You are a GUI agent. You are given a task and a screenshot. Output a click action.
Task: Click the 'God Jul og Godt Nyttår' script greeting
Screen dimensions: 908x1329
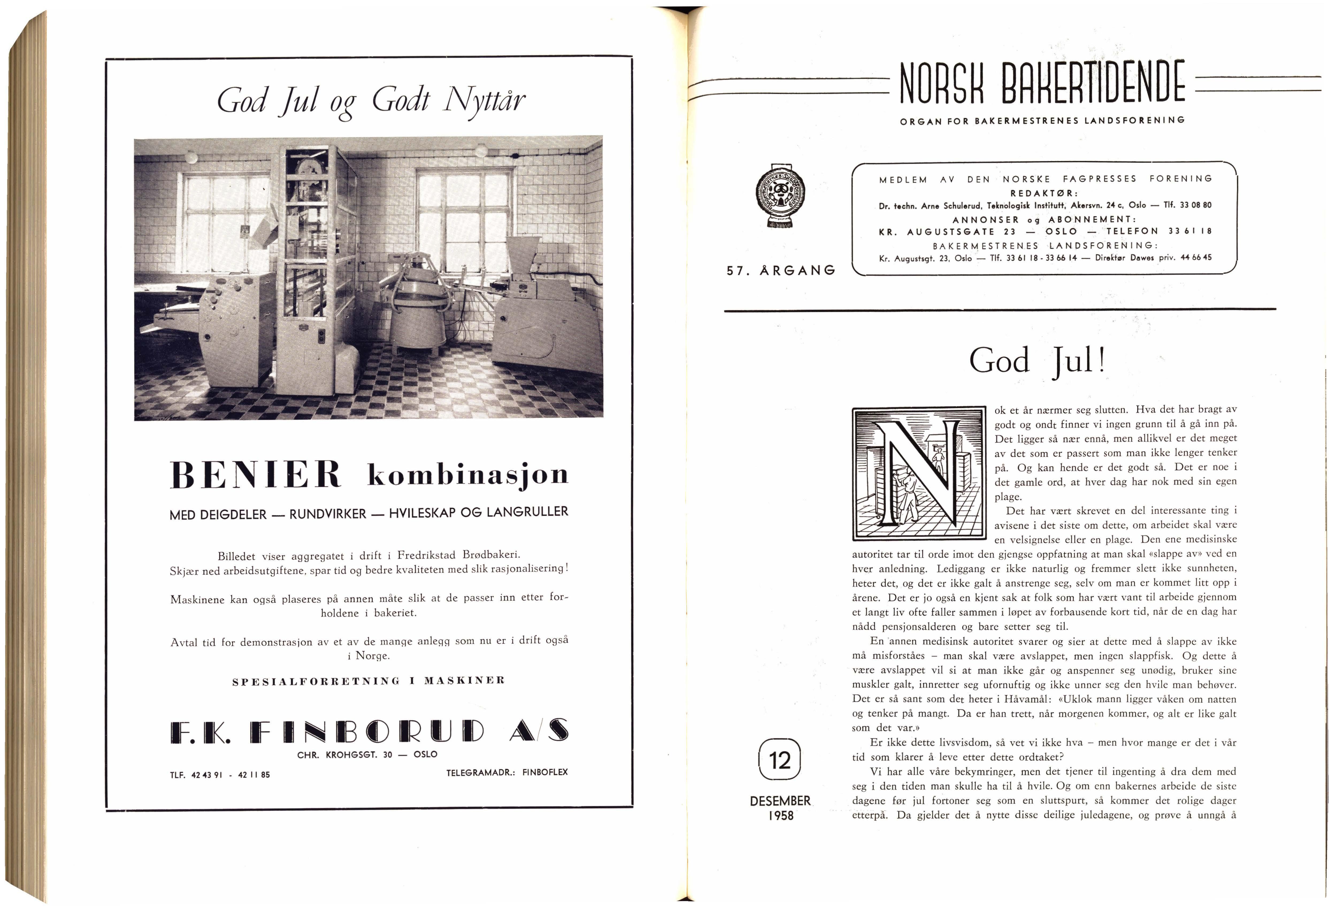point(371,100)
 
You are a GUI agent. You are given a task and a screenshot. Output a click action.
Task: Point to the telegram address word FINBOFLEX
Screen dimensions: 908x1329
point(545,772)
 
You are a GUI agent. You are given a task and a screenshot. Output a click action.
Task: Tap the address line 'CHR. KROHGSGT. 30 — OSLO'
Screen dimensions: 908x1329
point(367,754)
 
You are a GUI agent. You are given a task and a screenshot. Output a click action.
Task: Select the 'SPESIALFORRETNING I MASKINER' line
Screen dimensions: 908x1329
point(369,681)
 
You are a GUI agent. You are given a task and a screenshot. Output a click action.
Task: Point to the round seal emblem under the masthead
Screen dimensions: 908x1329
point(779,196)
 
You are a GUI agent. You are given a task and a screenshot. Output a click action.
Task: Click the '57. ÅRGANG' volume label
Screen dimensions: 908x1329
point(781,270)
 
